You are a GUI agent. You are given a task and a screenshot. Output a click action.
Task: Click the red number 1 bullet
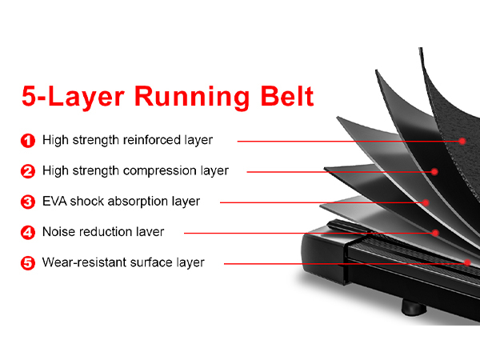point(28,140)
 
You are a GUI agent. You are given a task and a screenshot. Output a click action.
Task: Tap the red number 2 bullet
point(28,170)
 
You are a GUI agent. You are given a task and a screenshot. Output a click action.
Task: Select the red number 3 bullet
point(28,201)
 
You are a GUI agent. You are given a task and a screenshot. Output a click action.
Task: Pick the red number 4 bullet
point(28,232)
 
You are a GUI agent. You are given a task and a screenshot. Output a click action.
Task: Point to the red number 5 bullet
point(28,262)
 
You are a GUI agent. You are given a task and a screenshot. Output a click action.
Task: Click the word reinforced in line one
point(155,140)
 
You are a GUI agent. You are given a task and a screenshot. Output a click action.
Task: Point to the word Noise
point(58,232)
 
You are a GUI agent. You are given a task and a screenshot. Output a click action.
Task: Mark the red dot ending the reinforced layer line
point(463,141)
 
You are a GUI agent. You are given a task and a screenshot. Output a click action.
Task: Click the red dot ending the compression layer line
point(434,171)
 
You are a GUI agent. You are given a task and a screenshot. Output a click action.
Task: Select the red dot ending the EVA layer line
point(426,202)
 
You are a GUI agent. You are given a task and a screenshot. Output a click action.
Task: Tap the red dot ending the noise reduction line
point(435,234)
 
